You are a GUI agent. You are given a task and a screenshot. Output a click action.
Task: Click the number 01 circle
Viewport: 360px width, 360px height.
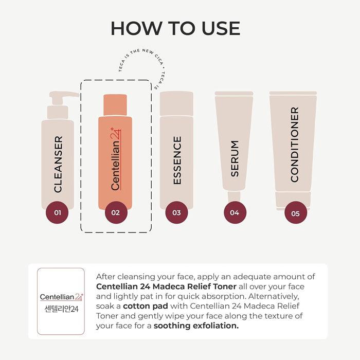(57, 212)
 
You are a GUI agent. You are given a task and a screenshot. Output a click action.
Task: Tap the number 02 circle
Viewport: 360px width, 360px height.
(116, 212)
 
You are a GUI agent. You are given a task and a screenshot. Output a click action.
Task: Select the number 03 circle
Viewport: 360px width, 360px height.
(176, 212)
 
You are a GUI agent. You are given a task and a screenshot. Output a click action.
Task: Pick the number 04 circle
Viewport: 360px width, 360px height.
(235, 212)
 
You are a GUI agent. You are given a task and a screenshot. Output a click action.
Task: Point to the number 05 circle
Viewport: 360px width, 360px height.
(296, 213)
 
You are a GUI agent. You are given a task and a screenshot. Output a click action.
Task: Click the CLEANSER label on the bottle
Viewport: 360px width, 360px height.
(58, 164)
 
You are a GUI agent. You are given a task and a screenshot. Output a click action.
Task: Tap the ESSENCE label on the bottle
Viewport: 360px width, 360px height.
(177, 160)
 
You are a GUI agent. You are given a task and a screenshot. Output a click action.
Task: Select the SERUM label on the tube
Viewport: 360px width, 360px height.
(235, 158)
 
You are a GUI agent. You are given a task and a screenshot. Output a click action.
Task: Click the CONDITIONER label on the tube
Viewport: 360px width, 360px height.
(295, 145)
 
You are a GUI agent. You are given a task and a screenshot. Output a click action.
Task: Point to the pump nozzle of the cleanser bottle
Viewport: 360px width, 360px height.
(64, 95)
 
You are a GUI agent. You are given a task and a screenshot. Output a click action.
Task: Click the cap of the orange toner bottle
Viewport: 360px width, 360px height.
(115, 105)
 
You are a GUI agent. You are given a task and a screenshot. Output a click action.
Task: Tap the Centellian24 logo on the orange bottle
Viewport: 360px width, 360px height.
(116, 159)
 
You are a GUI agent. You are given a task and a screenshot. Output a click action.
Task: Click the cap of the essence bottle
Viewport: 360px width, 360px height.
(176, 103)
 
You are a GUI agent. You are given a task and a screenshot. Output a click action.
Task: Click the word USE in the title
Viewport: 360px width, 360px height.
(221, 28)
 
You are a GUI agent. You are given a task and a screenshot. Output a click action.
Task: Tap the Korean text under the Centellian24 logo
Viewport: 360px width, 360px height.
(62, 309)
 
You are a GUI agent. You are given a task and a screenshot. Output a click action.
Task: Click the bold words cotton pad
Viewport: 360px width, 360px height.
(146, 306)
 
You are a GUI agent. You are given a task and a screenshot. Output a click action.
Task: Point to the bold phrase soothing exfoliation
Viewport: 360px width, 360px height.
(196, 326)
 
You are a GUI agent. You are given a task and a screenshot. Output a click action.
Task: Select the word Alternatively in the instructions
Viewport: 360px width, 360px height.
(274, 296)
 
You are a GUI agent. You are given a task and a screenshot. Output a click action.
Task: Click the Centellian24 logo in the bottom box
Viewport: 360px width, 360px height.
(62, 297)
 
